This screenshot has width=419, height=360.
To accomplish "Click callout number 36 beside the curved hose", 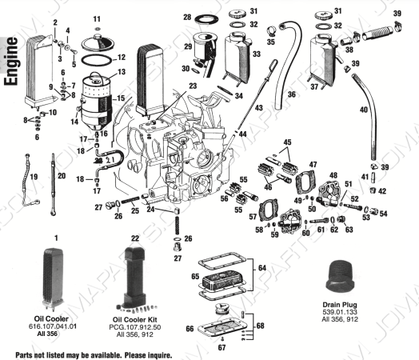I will click(x=291, y=94).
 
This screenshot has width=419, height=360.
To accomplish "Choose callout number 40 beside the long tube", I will click(x=365, y=110).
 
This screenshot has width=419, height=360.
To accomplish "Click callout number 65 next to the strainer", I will click(x=194, y=276).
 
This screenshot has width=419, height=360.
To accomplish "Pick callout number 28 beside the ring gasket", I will click(x=186, y=17).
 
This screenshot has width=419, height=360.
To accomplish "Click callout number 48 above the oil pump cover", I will click(x=333, y=175).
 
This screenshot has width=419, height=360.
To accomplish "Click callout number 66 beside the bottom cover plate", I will click(x=188, y=328).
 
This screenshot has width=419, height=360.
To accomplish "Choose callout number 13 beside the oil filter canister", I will click(x=122, y=73).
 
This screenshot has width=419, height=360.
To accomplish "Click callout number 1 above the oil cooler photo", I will click(x=56, y=238).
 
